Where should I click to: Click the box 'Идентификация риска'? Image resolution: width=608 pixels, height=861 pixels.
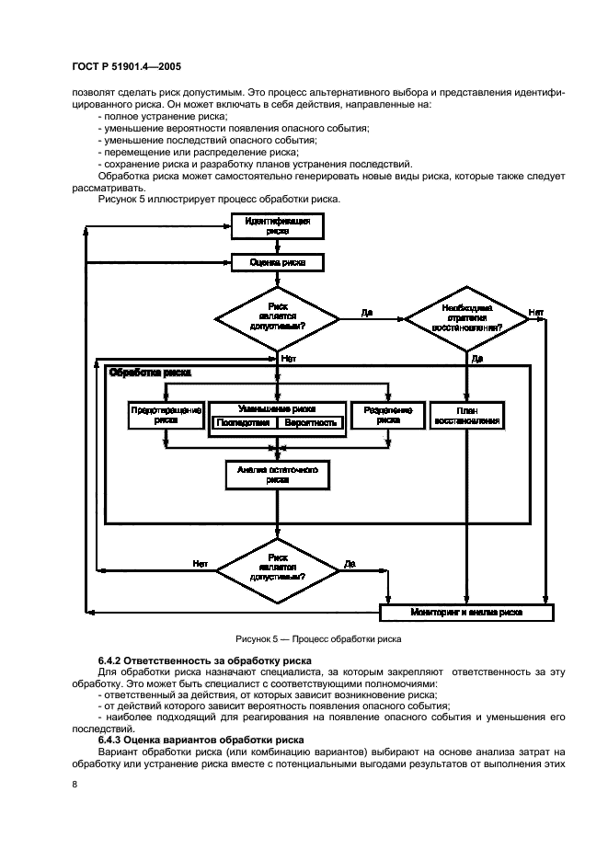tap(277, 226)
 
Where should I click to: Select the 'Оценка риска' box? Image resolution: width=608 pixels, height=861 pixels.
tap(277, 262)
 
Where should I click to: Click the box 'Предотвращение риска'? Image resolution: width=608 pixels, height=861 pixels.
tap(166, 415)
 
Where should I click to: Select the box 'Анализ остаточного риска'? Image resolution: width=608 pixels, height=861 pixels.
tap(277, 474)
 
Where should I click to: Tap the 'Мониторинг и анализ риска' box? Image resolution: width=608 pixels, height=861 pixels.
tap(466, 612)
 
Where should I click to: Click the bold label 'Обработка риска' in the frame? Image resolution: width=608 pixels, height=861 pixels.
tap(150, 373)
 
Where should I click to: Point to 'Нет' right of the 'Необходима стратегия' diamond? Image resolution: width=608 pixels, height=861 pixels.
tap(535, 313)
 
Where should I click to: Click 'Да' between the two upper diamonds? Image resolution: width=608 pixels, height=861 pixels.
tap(367, 313)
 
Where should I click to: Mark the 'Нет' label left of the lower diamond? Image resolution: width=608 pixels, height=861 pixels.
tap(200, 563)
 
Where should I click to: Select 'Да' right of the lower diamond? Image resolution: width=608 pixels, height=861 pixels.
tap(350, 563)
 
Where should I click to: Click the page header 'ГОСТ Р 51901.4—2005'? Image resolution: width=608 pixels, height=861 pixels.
tap(117, 67)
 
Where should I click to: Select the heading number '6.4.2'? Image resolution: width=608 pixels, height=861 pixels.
tap(110, 661)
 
